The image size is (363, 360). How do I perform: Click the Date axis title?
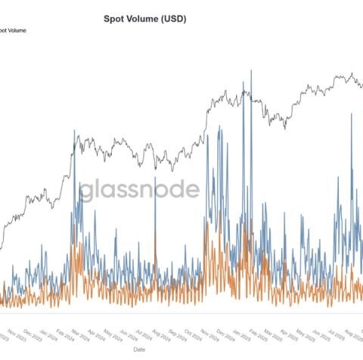tap(141, 349)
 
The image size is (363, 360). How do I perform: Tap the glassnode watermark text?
tap(141, 189)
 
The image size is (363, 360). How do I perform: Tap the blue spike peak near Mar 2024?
tap(74, 131)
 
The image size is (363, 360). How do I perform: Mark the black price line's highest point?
tap(352, 73)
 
